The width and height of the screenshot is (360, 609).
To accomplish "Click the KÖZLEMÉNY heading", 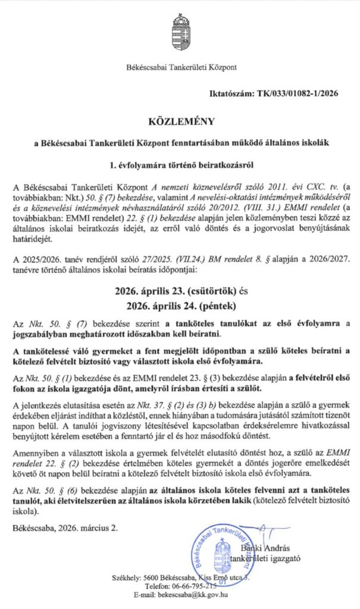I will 180,122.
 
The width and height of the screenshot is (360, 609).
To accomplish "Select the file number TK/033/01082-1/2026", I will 305,95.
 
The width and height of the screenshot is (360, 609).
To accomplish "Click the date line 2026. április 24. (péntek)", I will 180,307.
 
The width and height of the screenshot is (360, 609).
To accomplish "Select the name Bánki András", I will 263,548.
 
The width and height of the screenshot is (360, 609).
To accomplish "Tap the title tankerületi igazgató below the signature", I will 265,558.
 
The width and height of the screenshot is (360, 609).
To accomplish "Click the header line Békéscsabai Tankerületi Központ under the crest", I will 180,67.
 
